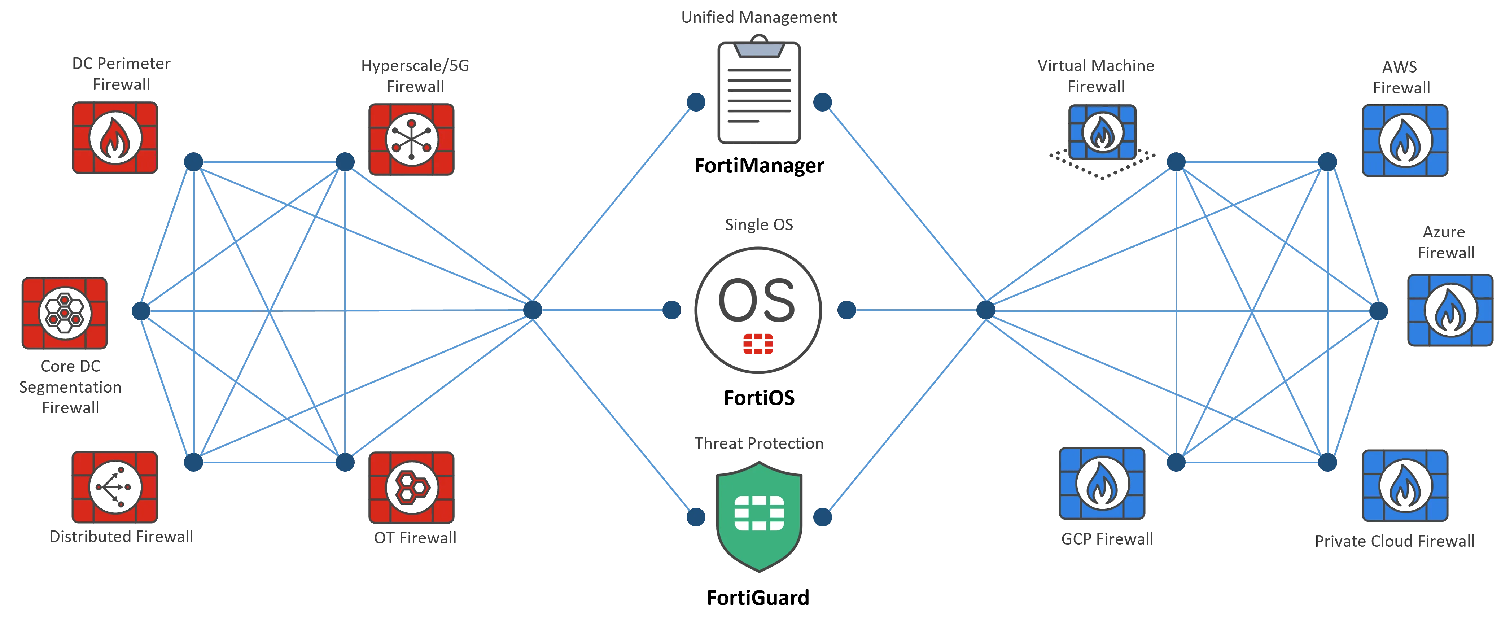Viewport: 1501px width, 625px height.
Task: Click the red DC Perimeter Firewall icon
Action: [x=115, y=138]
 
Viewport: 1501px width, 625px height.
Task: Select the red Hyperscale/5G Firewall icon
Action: [x=411, y=139]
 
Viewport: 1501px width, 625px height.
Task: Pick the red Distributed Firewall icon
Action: [x=115, y=487]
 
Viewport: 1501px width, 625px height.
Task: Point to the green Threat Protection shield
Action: [x=759, y=516]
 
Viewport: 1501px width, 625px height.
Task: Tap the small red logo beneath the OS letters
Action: [x=757, y=344]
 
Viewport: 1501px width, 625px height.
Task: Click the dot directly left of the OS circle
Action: [x=671, y=310]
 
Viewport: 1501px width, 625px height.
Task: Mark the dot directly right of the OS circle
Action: [x=846, y=310]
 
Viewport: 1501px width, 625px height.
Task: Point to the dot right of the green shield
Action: [x=822, y=517]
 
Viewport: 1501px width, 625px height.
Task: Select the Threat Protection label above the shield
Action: [x=759, y=444]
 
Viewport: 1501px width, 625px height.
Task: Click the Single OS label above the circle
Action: [x=759, y=225]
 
